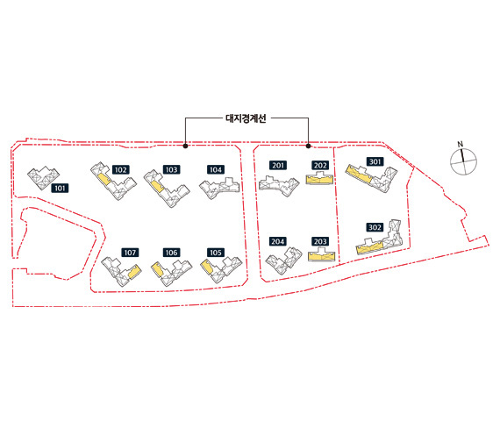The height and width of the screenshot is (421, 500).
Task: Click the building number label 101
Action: (60, 189)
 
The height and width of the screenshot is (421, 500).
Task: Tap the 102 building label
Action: (120, 169)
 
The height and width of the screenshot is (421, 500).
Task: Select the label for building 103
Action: (172, 169)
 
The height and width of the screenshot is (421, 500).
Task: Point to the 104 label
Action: (216, 169)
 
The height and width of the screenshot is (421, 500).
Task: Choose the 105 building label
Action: (216, 253)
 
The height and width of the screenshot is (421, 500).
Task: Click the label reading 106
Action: (172, 253)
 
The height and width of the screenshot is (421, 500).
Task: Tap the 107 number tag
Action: (130, 253)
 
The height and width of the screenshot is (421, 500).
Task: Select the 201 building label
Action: (278, 165)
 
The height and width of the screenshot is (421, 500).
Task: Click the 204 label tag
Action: (278, 241)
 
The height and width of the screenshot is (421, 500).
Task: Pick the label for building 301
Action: (375, 161)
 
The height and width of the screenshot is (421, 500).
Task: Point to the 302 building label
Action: (375, 227)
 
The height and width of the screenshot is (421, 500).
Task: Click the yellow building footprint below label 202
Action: (319, 180)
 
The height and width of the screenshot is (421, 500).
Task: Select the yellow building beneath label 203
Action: (322, 256)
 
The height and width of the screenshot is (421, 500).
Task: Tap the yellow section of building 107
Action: (134, 272)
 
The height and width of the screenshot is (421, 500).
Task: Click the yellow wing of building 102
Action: (104, 179)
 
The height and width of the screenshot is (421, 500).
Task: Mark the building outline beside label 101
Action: (43, 177)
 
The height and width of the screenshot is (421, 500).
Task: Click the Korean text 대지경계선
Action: (246, 118)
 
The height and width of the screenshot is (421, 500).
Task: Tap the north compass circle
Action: (464, 161)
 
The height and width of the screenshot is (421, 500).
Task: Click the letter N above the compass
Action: (460, 144)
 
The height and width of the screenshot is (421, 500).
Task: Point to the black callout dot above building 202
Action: (309, 146)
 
